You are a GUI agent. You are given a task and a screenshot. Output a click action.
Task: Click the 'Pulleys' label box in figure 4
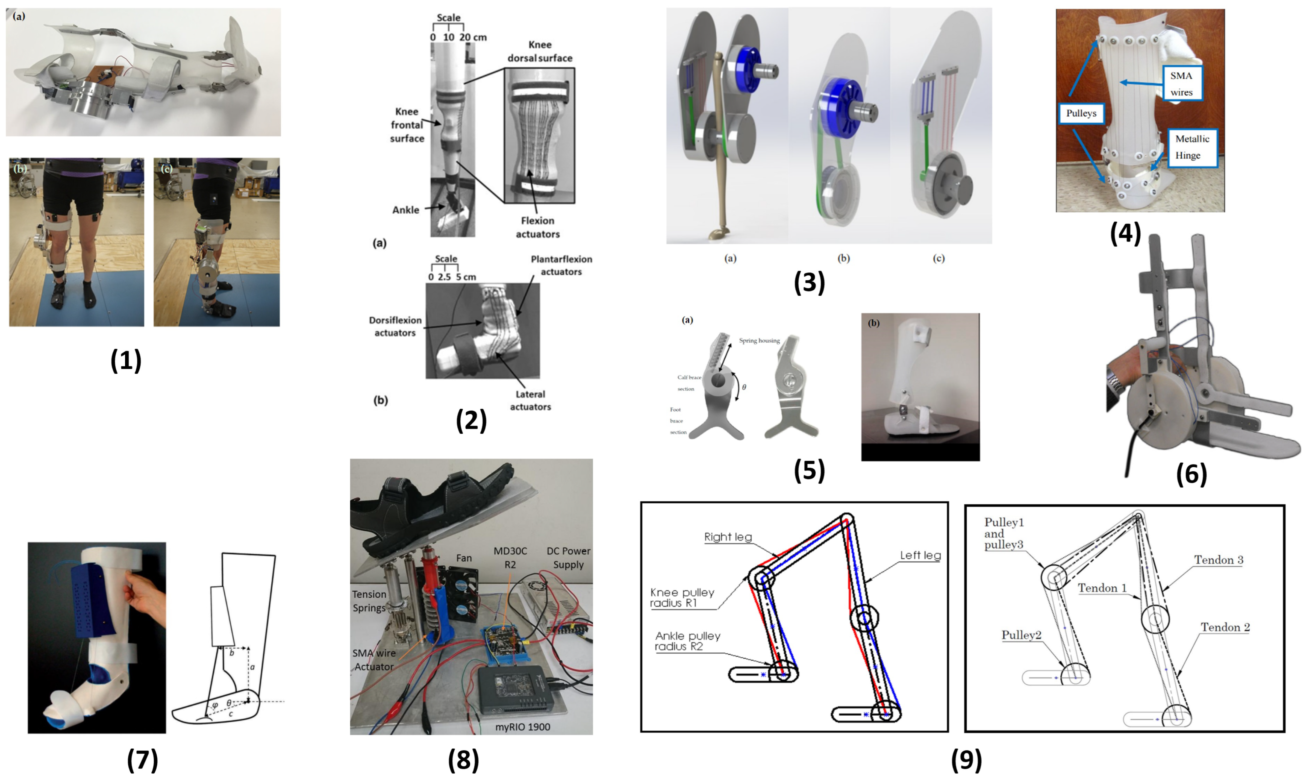1081,113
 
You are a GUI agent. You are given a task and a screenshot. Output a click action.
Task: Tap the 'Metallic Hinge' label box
1192,147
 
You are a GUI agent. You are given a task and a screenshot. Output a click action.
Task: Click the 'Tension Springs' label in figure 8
369,601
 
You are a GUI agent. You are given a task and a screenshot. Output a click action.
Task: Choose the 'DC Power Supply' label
568,558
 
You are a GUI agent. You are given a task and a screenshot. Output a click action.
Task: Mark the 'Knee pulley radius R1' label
682,598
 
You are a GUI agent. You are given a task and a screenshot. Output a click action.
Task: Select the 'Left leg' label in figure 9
920,555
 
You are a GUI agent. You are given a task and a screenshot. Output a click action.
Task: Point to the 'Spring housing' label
759,341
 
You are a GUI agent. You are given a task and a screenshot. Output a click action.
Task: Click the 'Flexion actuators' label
538,227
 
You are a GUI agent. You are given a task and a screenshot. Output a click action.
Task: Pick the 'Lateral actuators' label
530,401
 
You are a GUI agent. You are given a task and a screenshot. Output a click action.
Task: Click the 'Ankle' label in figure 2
405,210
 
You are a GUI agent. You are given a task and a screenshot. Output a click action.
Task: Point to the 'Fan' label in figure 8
464,558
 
